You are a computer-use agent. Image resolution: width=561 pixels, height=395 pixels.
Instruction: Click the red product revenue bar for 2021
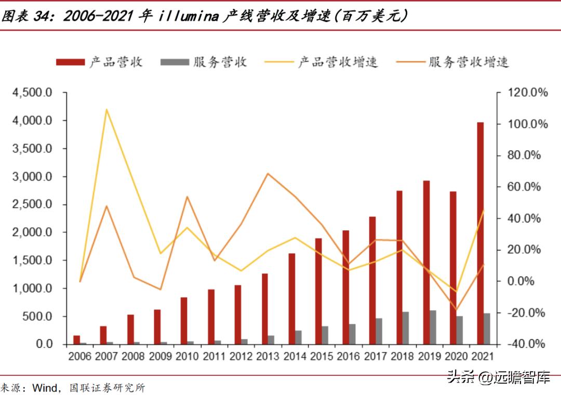(480, 233)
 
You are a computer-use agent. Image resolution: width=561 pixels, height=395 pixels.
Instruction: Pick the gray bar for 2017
(380, 331)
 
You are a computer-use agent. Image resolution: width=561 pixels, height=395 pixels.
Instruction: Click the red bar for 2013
(265, 309)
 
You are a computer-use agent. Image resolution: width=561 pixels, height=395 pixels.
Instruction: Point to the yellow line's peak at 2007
(106, 110)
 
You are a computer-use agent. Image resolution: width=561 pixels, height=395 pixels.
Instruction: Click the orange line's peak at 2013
(267, 174)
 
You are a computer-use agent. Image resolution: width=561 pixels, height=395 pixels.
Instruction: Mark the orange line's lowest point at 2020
(456, 310)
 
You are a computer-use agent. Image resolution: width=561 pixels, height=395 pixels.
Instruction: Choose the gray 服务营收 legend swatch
(175, 62)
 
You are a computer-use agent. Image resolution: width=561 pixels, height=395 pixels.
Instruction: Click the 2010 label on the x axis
(187, 357)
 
